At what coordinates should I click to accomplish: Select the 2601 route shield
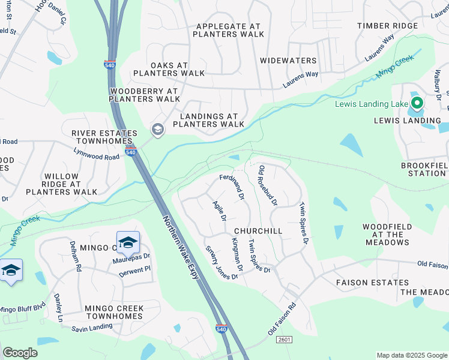[x=284, y=340]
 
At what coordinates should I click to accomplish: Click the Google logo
[x=20, y=353]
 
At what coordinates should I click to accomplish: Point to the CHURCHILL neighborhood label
[x=258, y=231]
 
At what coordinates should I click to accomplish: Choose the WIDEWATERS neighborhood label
[x=288, y=61]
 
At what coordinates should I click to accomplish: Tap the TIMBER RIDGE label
[x=387, y=26]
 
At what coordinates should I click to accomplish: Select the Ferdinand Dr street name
[x=232, y=187]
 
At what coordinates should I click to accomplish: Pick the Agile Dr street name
[x=219, y=210]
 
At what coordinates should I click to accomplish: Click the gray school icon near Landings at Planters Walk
[x=157, y=130]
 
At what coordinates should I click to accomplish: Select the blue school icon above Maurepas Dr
[x=127, y=242]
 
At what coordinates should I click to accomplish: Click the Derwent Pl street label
[x=135, y=271]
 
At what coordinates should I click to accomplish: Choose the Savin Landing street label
[x=92, y=327]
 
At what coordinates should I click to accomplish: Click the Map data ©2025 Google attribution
[x=411, y=355]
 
